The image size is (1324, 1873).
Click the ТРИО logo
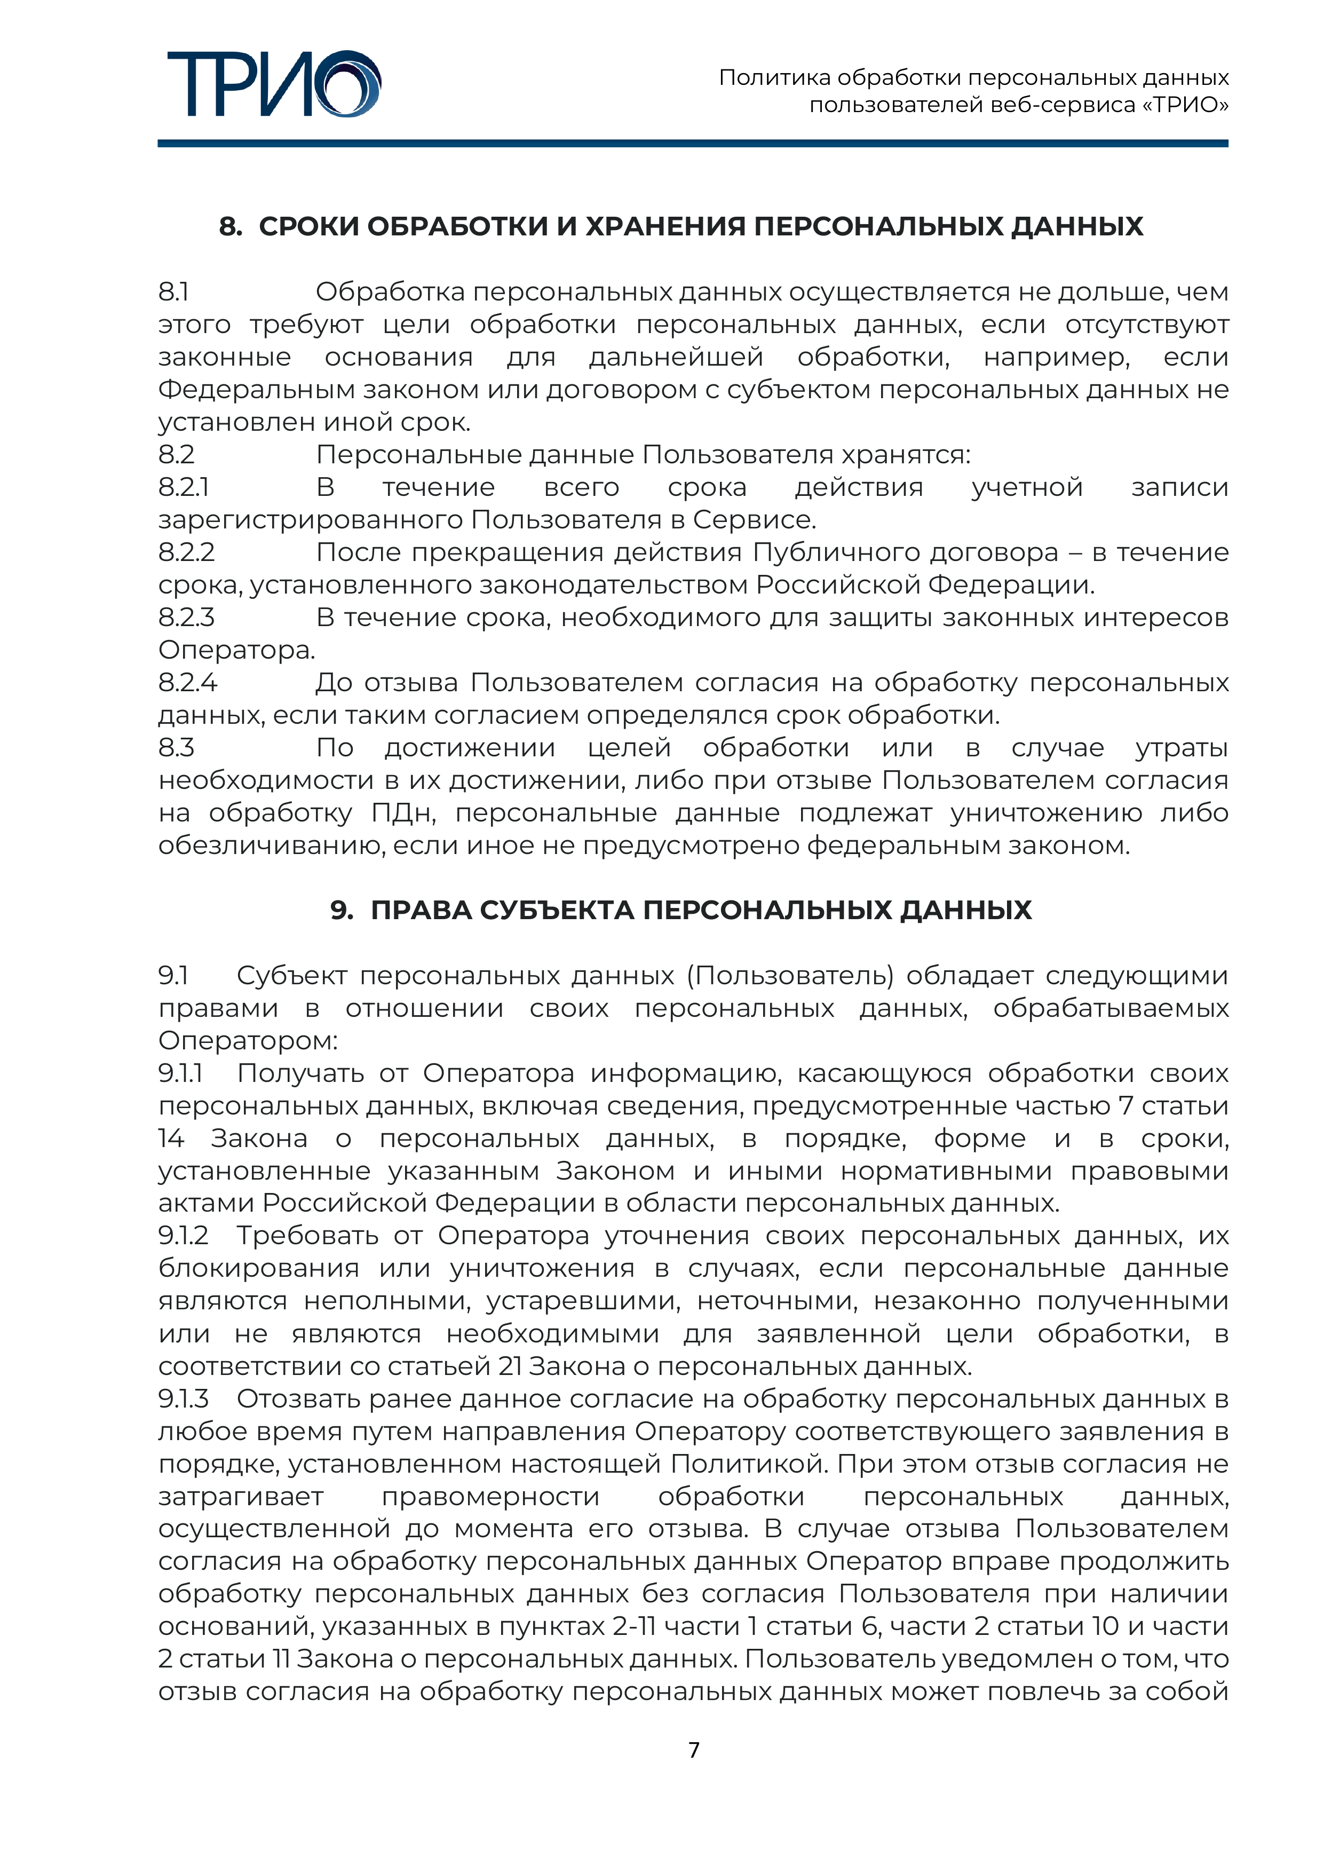273,84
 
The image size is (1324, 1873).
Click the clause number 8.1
174,291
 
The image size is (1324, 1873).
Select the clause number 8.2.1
184,487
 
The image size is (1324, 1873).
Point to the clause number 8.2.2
187,552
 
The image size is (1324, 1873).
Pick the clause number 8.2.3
187,618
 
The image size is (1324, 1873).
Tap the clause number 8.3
176,747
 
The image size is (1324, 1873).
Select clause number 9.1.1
180,1073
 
